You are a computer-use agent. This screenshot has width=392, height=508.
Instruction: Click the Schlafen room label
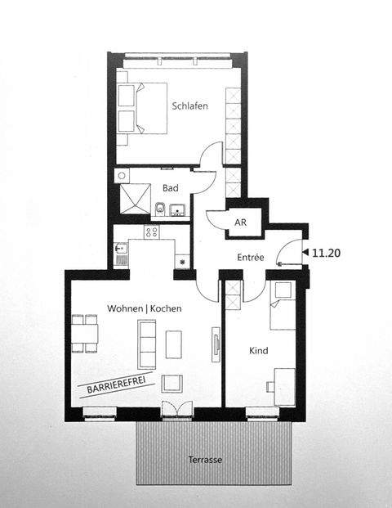(189, 106)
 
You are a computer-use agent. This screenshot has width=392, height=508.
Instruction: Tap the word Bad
(170, 187)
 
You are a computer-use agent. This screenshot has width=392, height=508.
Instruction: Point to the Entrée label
(251, 257)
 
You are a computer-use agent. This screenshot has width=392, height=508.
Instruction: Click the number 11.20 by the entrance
(326, 254)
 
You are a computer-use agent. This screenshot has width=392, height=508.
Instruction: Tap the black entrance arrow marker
(305, 254)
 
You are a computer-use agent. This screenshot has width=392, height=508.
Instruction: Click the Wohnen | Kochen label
(145, 308)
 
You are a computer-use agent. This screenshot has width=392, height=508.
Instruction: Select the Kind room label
(258, 350)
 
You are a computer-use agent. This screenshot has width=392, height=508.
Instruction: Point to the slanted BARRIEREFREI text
(106, 384)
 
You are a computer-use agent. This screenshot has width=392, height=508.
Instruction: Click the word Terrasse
(204, 460)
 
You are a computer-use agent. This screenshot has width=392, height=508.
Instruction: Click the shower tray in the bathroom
(131, 199)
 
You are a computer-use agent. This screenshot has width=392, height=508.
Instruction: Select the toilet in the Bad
(159, 211)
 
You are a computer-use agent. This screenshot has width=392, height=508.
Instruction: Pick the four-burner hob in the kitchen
(151, 232)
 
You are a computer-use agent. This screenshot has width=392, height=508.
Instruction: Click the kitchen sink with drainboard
(121, 254)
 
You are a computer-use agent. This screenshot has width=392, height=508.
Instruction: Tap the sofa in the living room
(147, 344)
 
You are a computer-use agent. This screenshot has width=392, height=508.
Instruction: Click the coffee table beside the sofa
(173, 344)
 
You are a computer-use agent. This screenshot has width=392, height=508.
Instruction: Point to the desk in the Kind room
(284, 385)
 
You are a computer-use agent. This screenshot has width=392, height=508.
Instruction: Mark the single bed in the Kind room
(282, 304)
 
